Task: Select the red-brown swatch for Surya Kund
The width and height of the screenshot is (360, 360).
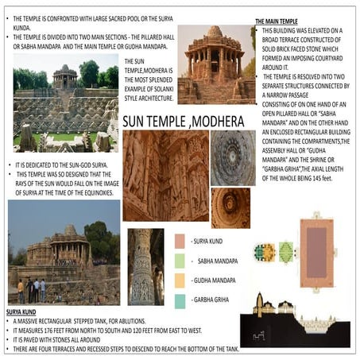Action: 180,240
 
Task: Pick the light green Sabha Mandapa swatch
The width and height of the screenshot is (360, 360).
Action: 180,260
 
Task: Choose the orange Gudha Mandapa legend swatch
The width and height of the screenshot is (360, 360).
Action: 180,280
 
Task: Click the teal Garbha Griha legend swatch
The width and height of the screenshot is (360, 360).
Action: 180,300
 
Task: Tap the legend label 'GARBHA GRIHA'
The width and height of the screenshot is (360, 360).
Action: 215,300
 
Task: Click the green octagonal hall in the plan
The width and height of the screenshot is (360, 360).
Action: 265,253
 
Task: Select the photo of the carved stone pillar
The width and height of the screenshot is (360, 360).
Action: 145,266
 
